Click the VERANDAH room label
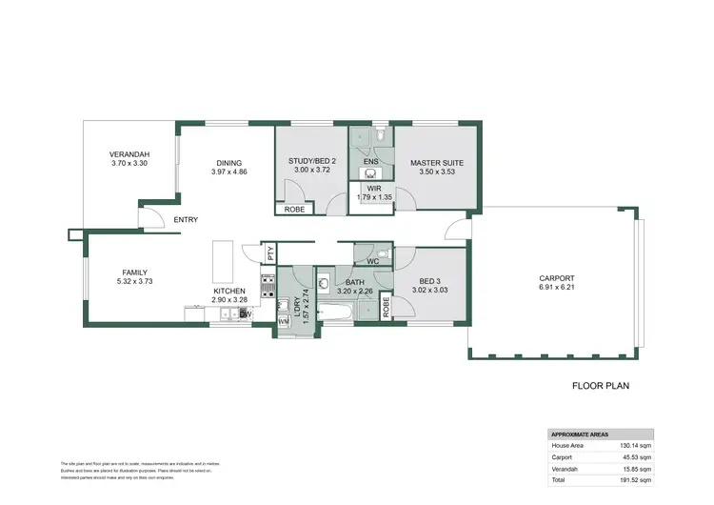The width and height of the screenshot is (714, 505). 129,153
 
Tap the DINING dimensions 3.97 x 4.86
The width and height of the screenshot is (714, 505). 228,172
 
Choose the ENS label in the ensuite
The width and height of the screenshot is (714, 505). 371,162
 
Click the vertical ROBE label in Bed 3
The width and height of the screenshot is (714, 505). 386,307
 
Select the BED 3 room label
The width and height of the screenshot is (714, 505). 428,279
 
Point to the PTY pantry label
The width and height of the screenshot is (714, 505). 270,253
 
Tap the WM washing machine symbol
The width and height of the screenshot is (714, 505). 283,321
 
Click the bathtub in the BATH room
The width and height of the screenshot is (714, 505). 339,312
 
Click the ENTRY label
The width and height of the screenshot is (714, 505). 186,220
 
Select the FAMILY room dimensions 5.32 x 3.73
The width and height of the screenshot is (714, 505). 133,281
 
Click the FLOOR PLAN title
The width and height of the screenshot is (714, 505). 601,387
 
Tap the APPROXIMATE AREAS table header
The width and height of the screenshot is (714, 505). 581,434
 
